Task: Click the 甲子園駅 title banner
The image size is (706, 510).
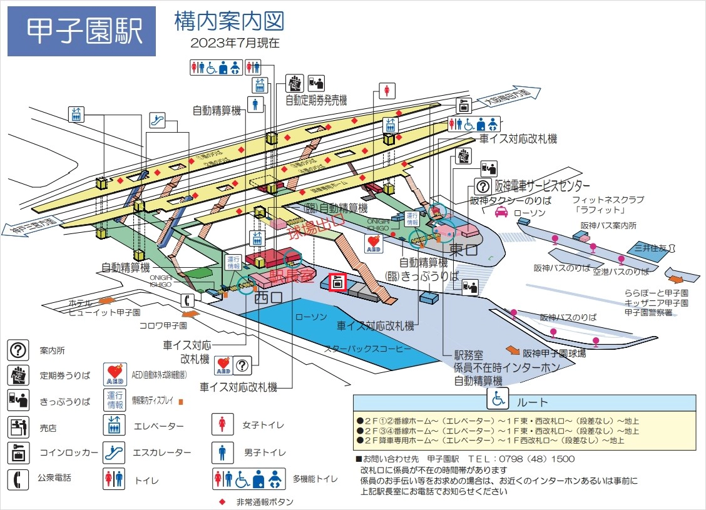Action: pyautogui.click(x=81, y=31)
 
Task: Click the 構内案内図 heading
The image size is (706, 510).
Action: pyautogui.click(x=230, y=21)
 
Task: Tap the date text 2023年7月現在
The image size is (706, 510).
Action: pyautogui.click(x=235, y=43)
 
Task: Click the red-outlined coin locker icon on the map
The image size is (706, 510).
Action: pyautogui.click(x=337, y=282)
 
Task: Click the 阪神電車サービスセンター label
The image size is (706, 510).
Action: pyautogui.click(x=533, y=186)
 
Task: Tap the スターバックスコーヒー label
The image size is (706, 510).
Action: pyautogui.click(x=367, y=348)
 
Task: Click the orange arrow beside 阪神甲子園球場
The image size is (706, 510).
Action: pyautogui.click(x=513, y=350)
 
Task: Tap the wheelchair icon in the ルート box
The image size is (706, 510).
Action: pyautogui.click(x=499, y=399)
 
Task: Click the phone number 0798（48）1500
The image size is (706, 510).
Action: pyautogui.click(x=543, y=459)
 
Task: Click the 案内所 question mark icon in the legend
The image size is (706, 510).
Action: pyautogui.click(x=18, y=350)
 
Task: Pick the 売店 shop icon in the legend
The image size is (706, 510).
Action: pyautogui.click(x=18, y=427)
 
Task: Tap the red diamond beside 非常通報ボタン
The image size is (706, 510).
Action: pyautogui.click(x=222, y=502)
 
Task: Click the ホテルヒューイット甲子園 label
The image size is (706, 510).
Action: pyautogui.click(x=105, y=307)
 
